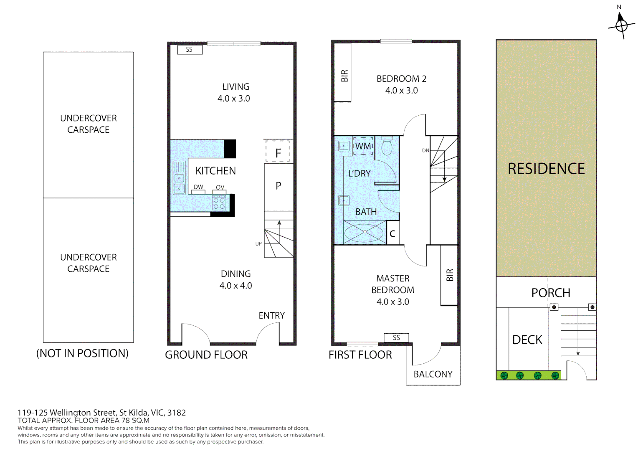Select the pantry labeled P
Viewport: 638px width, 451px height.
tap(278, 186)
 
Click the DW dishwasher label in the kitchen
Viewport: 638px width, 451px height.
tap(198, 187)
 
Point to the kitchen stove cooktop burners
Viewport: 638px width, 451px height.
tap(219, 203)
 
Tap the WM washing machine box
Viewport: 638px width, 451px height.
tap(363, 146)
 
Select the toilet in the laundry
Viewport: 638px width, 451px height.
tap(387, 146)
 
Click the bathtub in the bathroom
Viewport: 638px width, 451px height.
tap(364, 232)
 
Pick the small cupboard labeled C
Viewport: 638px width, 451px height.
tap(392, 234)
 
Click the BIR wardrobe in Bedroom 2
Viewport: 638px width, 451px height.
tap(344, 75)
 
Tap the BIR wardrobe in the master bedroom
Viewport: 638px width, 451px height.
tap(449, 275)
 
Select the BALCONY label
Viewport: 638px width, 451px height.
tap(433, 374)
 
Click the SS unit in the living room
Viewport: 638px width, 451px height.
tap(190, 50)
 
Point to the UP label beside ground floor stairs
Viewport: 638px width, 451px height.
tap(258, 244)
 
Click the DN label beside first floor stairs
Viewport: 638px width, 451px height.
tap(425, 150)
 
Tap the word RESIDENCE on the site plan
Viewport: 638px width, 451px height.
tap(546, 169)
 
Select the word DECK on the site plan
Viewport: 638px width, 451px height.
tap(527, 340)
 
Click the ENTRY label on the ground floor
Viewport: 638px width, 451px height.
tap(271, 316)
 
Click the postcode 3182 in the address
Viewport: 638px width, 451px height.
tap(176, 413)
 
